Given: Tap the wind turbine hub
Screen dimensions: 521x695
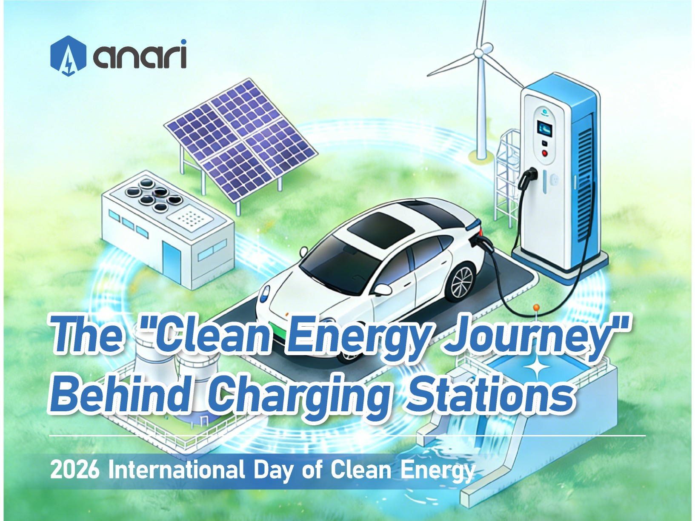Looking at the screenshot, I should click(480, 53).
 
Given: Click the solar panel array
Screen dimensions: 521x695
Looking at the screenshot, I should click(241, 139).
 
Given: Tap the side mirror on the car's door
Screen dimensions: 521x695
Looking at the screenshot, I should click(382, 290).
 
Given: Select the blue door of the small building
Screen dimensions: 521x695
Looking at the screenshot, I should click(171, 260).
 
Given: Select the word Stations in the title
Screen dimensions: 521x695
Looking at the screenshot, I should click(490, 395).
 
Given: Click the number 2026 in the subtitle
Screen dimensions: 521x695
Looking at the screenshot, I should click(74, 470).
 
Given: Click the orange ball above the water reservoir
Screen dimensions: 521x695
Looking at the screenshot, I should click(536, 307).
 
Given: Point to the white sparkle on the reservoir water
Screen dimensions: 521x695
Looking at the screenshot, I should click(538, 368).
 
